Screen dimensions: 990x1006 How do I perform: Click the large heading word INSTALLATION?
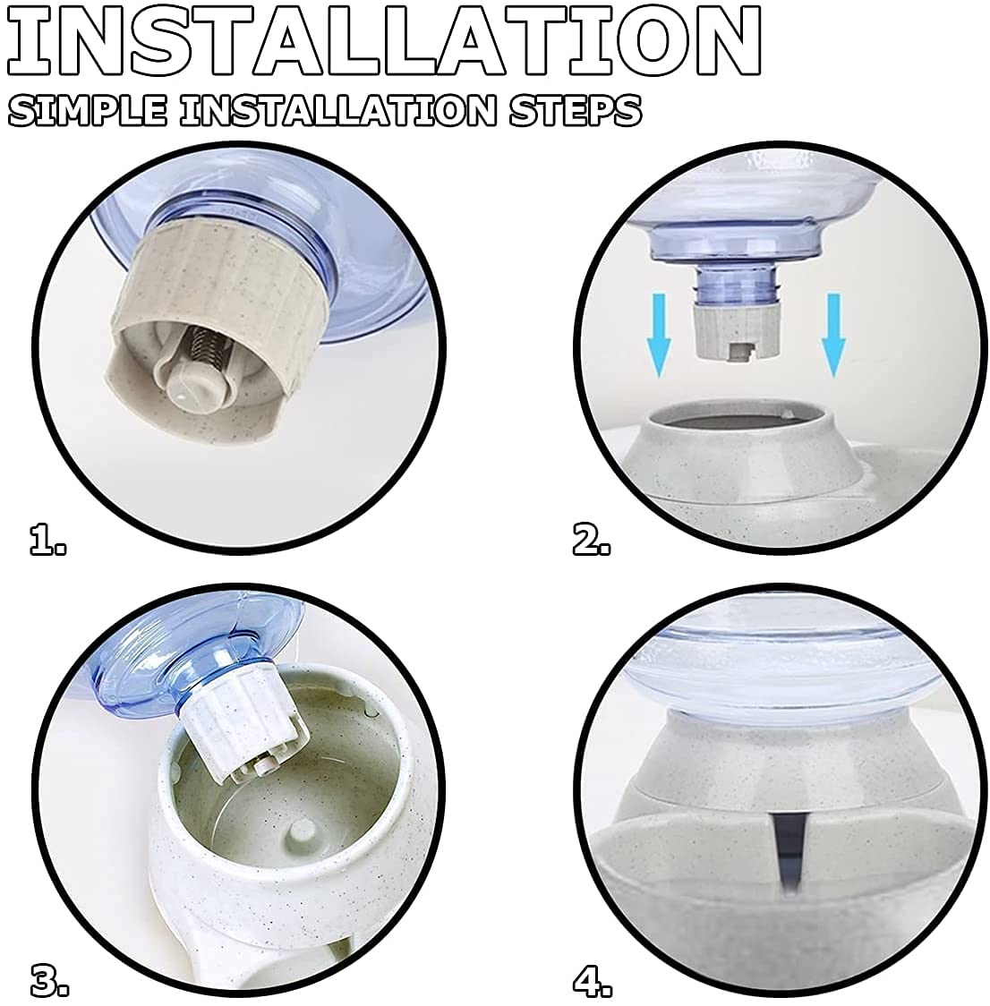tap(382, 40)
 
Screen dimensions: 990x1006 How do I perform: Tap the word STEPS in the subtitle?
tap(574, 110)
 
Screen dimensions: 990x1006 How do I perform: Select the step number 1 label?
tap(48, 539)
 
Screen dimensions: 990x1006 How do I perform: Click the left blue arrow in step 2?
tap(658, 334)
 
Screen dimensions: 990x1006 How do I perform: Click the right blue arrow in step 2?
tap(832, 334)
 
